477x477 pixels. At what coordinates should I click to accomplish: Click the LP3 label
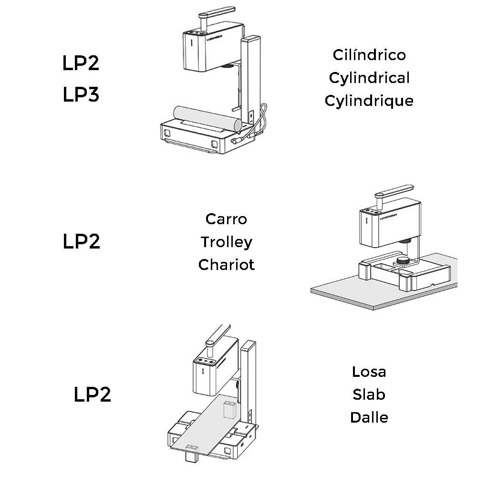click(x=81, y=95)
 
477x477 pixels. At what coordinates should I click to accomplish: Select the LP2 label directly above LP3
click(x=81, y=63)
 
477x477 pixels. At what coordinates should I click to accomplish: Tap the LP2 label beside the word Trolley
click(x=82, y=242)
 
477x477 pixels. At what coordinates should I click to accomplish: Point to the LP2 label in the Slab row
click(x=93, y=394)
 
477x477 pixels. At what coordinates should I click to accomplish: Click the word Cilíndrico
click(x=369, y=55)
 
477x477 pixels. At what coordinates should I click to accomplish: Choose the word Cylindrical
click(x=369, y=78)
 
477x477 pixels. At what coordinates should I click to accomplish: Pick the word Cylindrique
click(x=369, y=101)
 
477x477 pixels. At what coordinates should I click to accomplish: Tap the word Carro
click(x=227, y=219)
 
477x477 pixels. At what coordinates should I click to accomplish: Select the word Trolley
click(x=227, y=242)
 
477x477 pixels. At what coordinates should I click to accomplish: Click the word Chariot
click(x=227, y=265)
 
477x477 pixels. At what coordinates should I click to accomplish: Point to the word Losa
click(x=369, y=372)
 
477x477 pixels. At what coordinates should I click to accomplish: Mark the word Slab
click(x=369, y=394)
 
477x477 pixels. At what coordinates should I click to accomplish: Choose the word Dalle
click(x=369, y=417)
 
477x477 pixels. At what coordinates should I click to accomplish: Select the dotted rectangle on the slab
click(x=230, y=410)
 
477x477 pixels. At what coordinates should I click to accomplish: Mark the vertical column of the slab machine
click(x=249, y=377)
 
